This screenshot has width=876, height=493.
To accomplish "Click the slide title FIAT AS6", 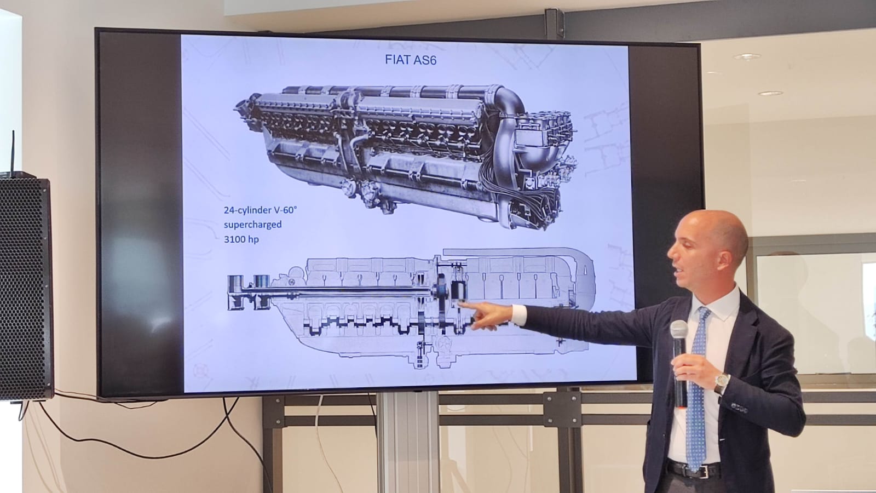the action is (x=410, y=60).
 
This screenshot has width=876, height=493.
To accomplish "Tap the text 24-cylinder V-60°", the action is (x=260, y=210).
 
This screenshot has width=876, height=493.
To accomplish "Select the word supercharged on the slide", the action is (x=252, y=225).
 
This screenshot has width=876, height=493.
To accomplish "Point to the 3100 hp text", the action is (x=241, y=239).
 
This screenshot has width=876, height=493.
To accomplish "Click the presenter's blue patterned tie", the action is (x=698, y=387).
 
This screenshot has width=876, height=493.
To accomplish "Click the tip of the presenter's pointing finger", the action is (x=459, y=303).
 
